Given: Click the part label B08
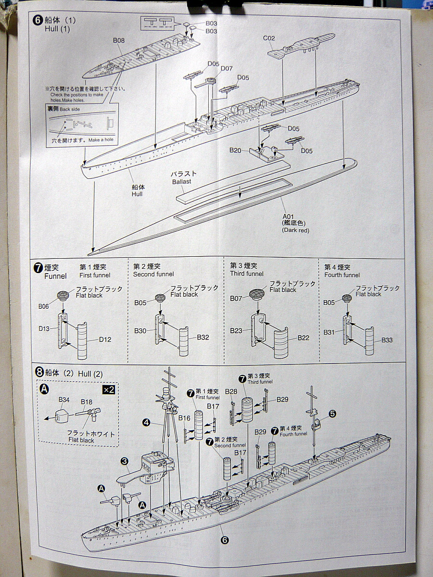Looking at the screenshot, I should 119,41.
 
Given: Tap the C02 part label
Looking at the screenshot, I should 269,38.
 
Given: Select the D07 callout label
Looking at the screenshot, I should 227,69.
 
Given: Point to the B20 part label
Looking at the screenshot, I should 235,151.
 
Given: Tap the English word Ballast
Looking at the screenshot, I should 182,182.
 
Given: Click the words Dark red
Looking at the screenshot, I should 295,230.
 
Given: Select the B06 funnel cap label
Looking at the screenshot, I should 44,305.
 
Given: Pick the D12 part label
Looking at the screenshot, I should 105,339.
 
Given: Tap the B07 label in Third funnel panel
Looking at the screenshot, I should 236,299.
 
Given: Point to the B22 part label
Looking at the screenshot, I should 303,338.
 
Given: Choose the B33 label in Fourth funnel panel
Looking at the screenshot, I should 387,340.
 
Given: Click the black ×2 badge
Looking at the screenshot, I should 109,389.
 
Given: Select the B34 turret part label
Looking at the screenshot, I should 64,400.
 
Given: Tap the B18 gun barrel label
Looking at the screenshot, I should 87,401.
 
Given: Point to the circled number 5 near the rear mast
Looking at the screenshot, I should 332,413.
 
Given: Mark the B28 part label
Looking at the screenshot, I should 231,391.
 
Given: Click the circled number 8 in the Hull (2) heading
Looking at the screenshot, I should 39,372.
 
